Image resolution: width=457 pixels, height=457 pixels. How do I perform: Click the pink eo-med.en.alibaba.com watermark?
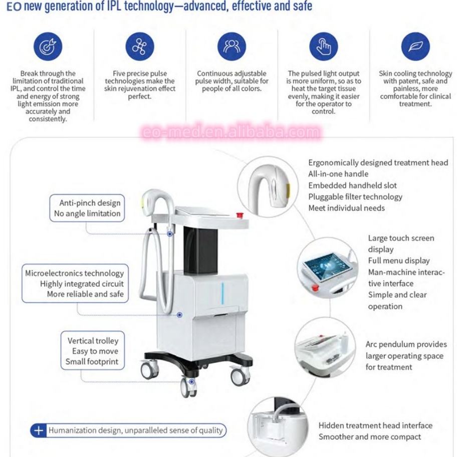231,132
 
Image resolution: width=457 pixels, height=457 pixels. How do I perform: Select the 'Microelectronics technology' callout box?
75,284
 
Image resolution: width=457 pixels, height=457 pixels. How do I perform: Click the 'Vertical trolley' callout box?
93,351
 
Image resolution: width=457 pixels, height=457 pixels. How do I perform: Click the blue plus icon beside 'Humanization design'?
38,430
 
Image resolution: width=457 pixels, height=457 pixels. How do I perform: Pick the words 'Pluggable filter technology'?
355,197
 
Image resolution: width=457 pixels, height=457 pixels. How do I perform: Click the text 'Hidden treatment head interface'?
375,425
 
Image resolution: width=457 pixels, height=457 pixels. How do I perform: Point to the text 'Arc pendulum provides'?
406,344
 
